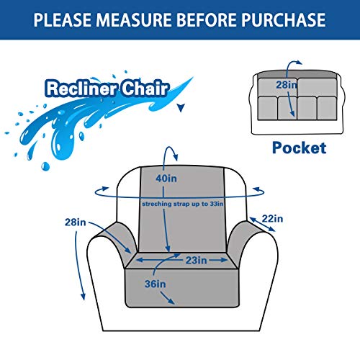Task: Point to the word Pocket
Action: [299, 148]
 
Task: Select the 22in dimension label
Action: [273, 218]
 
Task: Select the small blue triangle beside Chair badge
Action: [180, 108]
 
